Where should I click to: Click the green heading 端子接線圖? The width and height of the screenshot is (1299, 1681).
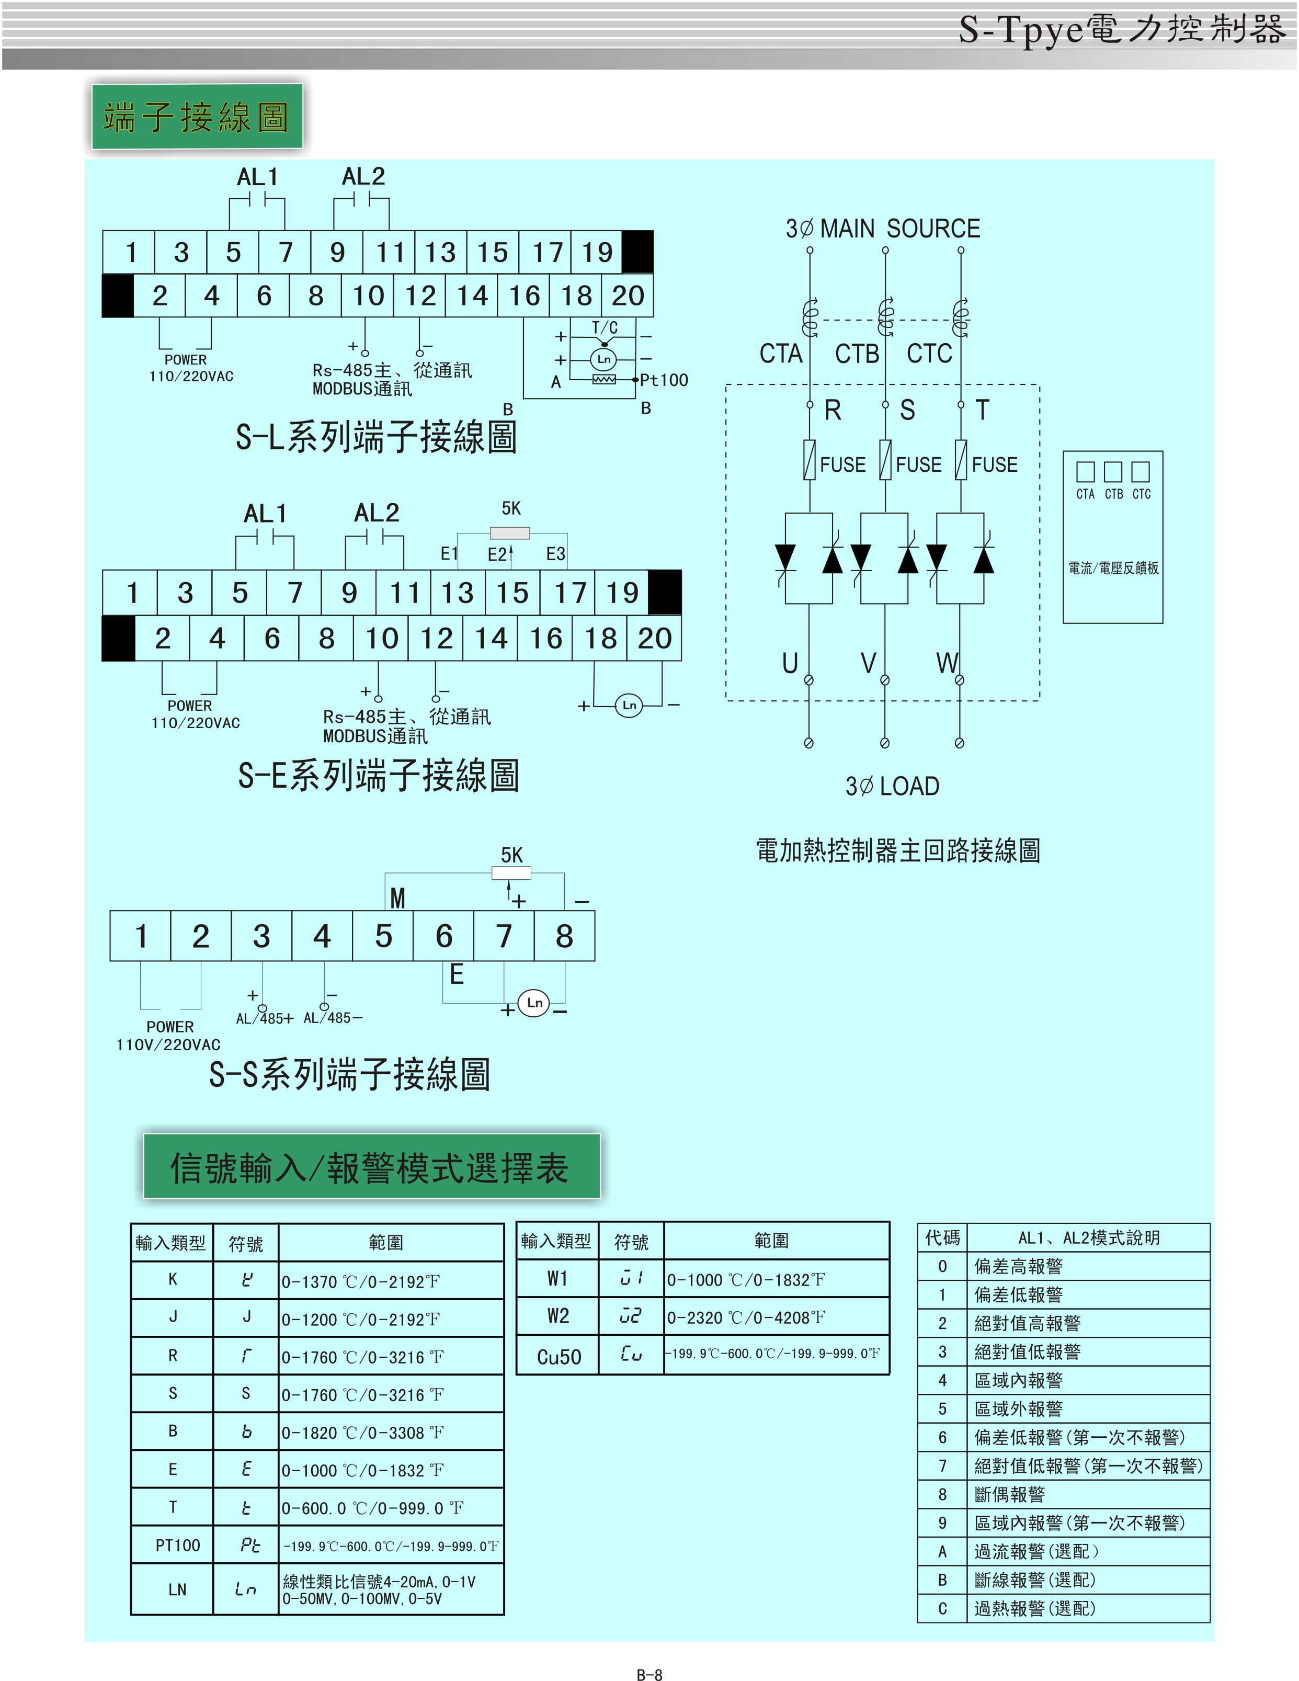tap(197, 117)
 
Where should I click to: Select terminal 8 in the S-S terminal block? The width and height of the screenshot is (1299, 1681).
tap(564, 936)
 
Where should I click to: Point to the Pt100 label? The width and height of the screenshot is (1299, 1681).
tap(664, 380)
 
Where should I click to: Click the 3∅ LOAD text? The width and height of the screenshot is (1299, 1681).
tap(893, 786)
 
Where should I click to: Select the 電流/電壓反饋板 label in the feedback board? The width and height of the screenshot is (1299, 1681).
tap(1113, 568)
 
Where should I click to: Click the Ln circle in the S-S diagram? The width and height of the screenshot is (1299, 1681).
tap(534, 1002)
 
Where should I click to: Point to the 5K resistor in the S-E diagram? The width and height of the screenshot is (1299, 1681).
tap(509, 532)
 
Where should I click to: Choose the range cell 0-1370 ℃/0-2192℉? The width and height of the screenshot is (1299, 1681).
tap(360, 1281)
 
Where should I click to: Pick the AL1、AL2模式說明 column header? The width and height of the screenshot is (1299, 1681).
tap(1088, 1237)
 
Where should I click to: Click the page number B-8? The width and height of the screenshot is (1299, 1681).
tap(649, 1673)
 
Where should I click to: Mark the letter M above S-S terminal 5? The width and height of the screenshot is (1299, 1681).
tap(397, 898)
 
